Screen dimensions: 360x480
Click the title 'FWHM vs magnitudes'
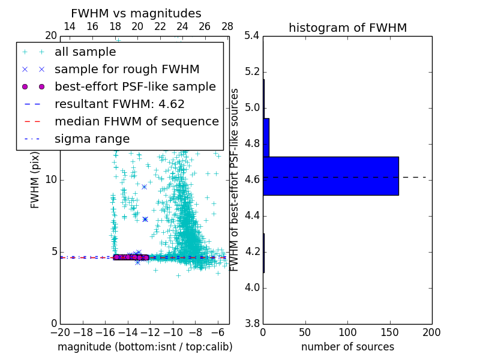tap(136, 13)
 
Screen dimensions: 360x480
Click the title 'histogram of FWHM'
tap(347, 28)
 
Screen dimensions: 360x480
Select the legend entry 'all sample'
tap(85, 52)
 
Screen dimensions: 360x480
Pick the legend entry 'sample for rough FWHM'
tap(127, 69)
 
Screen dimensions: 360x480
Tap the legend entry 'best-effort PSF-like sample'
tap(135, 86)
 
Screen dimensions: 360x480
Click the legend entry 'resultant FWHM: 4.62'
tap(119, 104)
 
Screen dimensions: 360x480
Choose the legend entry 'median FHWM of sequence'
tap(136, 121)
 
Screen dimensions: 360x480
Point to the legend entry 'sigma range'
tap(92, 139)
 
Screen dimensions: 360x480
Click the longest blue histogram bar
tap(331, 176)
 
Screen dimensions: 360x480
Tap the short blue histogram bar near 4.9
tap(266, 137)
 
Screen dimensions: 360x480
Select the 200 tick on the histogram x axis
tap(431, 332)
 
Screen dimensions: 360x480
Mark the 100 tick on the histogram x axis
tap(347, 332)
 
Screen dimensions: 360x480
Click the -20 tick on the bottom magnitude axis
tap(60, 332)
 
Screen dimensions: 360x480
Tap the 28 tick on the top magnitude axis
tap(227, 26)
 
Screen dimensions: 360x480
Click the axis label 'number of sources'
tap(347, 347)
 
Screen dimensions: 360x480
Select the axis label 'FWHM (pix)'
tap(35, 179)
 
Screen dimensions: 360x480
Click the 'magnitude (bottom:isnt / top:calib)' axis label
tap(145, 347)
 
